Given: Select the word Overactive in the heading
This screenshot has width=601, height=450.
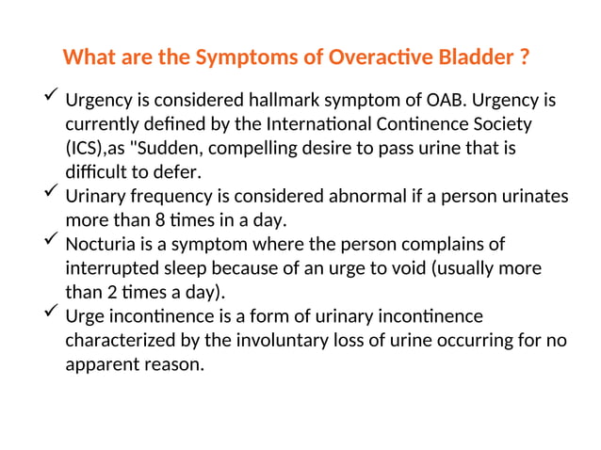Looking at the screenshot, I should [373, 57].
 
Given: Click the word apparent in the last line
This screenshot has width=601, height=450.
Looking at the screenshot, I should [100, 363].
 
